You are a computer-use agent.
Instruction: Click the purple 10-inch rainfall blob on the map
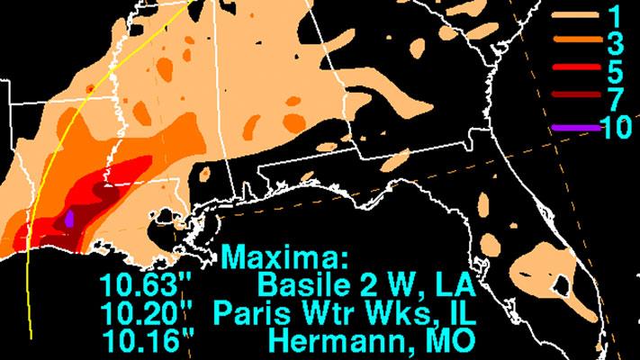[70, 218]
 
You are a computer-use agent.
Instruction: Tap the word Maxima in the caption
[284, 258]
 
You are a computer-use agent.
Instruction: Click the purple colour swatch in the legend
[572, 127]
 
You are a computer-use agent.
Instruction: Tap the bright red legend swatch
[572, 70]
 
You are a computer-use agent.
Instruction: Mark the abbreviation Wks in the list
[369, 314]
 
